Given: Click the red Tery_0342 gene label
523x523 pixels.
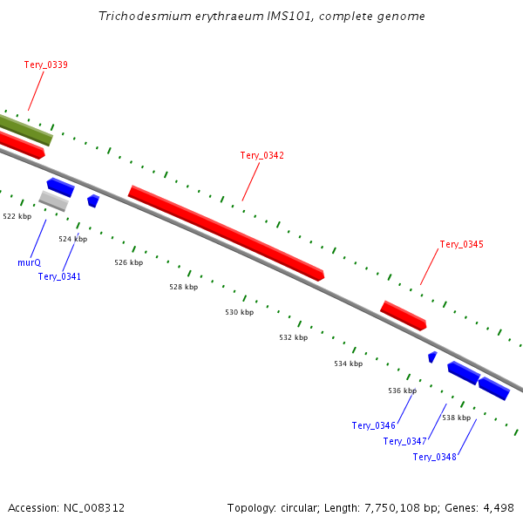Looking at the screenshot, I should tap(261, 155).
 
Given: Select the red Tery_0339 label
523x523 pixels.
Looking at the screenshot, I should tap(45, 65).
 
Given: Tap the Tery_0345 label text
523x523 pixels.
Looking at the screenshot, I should tap(461, 244).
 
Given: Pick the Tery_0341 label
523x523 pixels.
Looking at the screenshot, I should tap(59, 276).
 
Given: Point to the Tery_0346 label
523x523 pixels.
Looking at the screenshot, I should tap(374, 425).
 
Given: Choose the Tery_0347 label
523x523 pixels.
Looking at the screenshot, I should tap(404, 441).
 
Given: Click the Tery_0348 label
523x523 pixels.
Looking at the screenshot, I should tap(434, 457).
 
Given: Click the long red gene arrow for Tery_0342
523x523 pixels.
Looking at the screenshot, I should tap(226, 233).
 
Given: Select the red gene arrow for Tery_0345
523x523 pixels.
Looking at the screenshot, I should tap(403, 315).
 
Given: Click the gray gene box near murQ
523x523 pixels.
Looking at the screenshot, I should tap(53, 201).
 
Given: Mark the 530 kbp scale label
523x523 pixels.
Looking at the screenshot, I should tap(239, 312).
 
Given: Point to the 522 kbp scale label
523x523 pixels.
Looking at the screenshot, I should tap(17, 216).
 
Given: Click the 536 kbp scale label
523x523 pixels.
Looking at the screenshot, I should tap(402, 391).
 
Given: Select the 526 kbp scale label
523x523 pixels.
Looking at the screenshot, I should tap(128, 262).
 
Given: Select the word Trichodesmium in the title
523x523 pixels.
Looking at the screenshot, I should tap(142, 17).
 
